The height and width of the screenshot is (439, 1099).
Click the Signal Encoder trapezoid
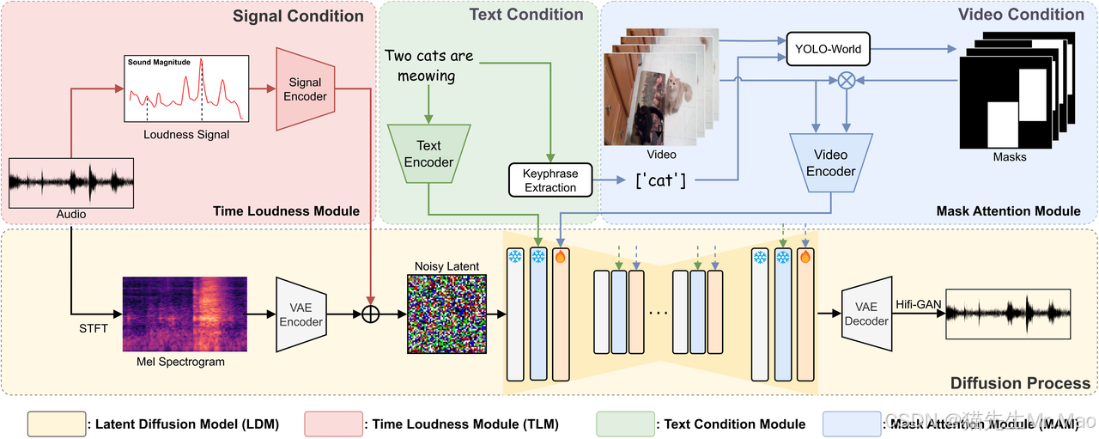pyautogui.click(x=305, y=88)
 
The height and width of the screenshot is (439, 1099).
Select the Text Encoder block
pyautogui.click(x=428, y=154)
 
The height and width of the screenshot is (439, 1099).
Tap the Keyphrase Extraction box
pyautogui.click(x=550, y=180)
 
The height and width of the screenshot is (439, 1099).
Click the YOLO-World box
pyautogui.click(x=828, y=49)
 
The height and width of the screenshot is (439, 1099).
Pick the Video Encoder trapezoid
pyautogui.click(x=830, y=162)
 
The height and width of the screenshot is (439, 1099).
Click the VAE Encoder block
pyautogui.click(x=301, y=314)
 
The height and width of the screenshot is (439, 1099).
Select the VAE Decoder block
pyautogui.click(x=866, y=314)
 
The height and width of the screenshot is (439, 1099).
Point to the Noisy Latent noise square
pyautogui.click(x=447, y=314)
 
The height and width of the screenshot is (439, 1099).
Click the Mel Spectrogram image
pyautogui.click(x=185, y=314)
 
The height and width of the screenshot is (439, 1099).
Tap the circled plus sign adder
pyautogui.click(x=370, y=314)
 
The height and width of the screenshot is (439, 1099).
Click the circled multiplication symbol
pyautogui.click(x=847, y=80)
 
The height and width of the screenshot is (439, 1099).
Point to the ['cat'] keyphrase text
pyautogui.click(x=660, y=180)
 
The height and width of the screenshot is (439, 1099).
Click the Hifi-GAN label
pyautogui.click(x=919, y=304)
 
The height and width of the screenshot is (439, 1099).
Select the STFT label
pyautogui.click(x=94, y=328)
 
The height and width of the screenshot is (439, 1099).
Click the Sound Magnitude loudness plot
pyautogui.click(x=186, y=88)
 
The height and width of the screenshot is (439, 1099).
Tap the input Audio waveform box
pyautogui.click(x=71, y=183)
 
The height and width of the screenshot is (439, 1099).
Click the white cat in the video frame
pyautogui.click(x=677, y=93)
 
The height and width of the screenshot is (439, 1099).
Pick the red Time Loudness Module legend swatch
pyautogui.click(x=334, y=424)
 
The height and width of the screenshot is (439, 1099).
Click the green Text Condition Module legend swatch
pyautogui.click(x=626, y=424)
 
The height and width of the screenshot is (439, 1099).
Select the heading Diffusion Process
pyautogui.click(x=1020, y=383)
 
